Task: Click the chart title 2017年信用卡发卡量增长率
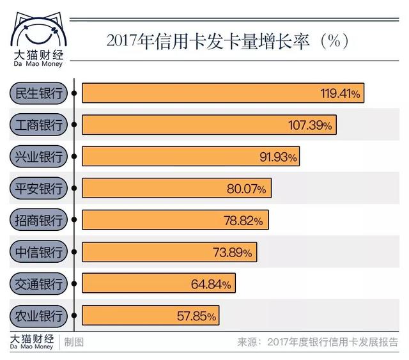point(228,42)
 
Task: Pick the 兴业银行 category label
point(39,157)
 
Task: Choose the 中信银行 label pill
point(39,252)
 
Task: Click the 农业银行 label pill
point(39,315)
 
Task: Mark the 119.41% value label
point(341,94)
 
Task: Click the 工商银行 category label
point(39,125)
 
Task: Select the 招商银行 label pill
point(39,221)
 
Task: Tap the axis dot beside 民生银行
point(75,93)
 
